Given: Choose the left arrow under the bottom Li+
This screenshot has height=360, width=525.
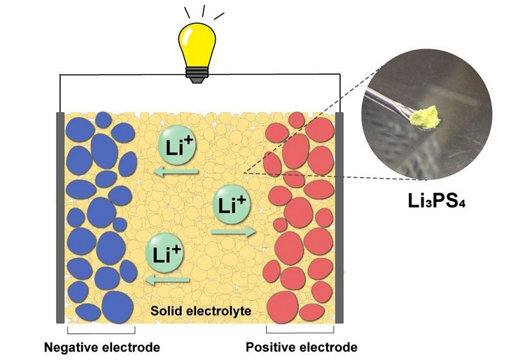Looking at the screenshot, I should tap(166, 279).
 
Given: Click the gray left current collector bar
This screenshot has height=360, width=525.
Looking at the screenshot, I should tap(60, 217).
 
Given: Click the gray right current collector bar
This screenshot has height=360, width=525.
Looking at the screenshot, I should tap(339, 217).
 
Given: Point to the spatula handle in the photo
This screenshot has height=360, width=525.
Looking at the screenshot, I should tap(393, 98).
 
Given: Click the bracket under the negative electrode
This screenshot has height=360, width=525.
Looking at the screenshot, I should tap(101, 329).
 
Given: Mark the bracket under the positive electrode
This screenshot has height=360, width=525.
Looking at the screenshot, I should tap(300, 329).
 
